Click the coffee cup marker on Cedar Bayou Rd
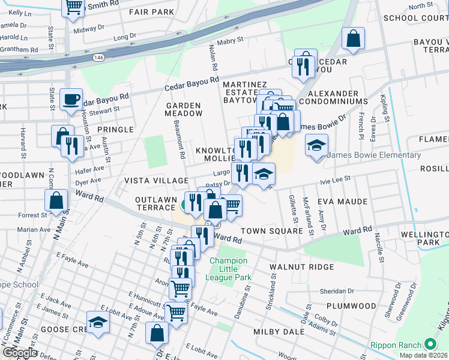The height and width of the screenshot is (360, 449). (71, 98)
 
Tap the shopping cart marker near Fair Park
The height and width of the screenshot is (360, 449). (73, 7)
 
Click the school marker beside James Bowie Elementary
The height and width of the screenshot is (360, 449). (316, 145)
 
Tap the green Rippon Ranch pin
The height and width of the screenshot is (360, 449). (429, 344)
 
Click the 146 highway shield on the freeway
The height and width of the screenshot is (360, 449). (98, 58)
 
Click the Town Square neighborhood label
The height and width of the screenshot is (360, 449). (271, 231)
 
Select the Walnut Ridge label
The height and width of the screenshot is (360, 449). (297, 266)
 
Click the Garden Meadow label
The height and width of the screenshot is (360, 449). (184, 109)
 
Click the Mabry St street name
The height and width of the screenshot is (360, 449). (230, 41)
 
